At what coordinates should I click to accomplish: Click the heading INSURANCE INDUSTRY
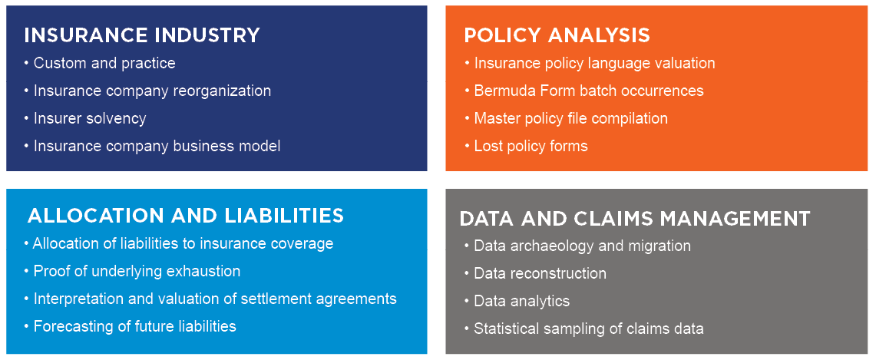[x=142, y=35]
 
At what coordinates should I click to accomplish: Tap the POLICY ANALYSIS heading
[x=557, y=35]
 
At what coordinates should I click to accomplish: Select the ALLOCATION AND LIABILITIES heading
[x=186, y=216]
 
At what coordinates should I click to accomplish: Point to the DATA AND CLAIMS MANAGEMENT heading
[x=635, y=218]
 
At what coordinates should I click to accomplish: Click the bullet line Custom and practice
[x=100, y=63]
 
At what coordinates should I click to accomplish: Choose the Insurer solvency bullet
[x=85, y=118]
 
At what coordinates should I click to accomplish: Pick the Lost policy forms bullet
[x=526, y=147]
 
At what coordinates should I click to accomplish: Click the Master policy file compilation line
[x=567, y=118]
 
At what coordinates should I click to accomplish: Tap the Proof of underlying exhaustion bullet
[x=132, y=271]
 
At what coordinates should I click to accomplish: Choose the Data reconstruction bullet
[x=535, y=273]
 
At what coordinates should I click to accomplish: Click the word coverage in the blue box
[x=299, y=244]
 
